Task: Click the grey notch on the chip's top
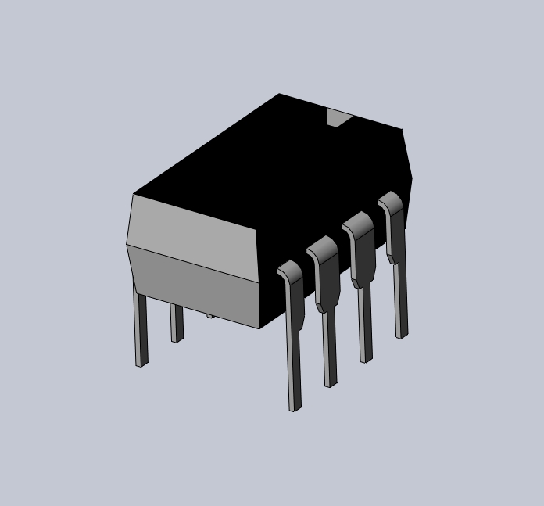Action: pos(338,118)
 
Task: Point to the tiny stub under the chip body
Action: pos(209,316)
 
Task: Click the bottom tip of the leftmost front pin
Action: pos(295,407)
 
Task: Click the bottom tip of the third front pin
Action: pos(366,359)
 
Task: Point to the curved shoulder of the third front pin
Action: pos(357,226)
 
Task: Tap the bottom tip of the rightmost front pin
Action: pos(401,335)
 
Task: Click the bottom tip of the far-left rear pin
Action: pos(141,364)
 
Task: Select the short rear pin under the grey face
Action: pos(177,325)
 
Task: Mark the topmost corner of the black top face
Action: pos(279,94)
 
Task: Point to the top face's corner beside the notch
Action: pos(402,130)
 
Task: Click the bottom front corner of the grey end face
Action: pos(259,328)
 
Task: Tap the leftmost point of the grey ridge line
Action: pos(126,245)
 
